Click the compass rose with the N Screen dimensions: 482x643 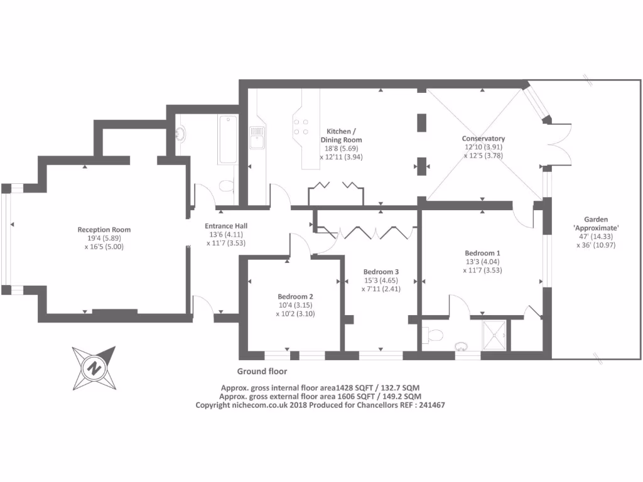(x=94, y=368)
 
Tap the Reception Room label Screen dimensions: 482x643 (x=104, y=230)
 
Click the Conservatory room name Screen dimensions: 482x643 (x=483, y=139)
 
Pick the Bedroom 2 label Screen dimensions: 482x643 (x=295, y=296)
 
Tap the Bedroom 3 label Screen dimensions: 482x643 (x=381, y=272)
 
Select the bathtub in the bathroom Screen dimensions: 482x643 (x=227, y=140)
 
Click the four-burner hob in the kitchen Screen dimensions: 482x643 (x=301, y=127)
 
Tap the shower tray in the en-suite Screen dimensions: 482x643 (x=496, y=335)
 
